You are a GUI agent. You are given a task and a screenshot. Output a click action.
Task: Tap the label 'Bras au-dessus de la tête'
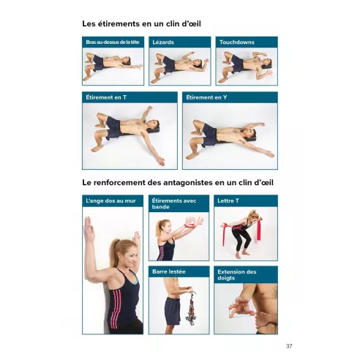click(112, 42)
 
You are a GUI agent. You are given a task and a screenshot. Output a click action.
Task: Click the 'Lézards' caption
click(163, 42)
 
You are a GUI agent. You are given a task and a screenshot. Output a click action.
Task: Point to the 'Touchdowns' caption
click(236, 42)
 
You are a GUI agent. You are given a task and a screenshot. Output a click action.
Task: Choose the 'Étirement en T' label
click(107, 97)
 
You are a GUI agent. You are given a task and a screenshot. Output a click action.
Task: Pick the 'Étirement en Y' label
click(207, 97)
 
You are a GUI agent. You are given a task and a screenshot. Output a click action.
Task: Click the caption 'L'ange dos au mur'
click(110, 200)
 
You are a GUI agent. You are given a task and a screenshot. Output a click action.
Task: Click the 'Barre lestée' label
click(168, 271)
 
